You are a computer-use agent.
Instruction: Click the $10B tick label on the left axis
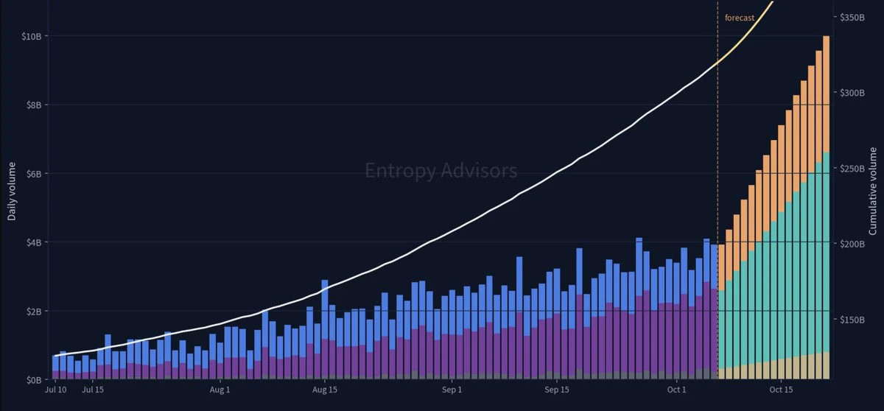32,36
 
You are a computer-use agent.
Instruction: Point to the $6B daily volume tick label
34,174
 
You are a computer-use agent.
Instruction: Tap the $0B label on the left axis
34,380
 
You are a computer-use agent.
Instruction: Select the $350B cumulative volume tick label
852,18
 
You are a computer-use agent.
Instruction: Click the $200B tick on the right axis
852,244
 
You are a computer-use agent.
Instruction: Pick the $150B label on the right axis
852,320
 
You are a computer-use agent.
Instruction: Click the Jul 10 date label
56,390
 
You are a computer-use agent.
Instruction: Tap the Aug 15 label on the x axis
325,390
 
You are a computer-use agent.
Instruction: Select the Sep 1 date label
452,390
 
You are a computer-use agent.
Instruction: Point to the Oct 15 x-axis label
781,390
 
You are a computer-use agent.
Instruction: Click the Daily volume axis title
12,192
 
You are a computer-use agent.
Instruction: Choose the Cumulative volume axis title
872,192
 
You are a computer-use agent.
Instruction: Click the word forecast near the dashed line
740,18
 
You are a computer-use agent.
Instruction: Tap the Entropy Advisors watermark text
441,171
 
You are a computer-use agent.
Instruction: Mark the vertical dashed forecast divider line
718,190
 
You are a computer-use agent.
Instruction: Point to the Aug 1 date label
220,390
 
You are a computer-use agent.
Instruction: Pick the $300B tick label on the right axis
852,93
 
